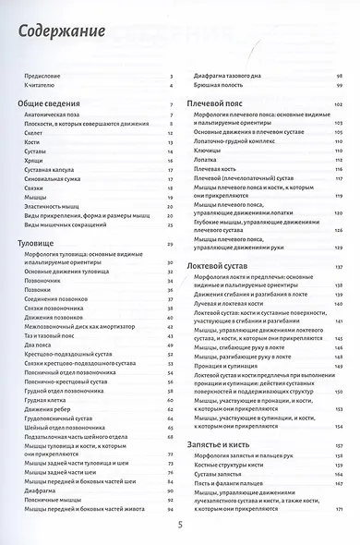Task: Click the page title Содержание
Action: click(64, 35)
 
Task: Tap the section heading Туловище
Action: click(42, 243)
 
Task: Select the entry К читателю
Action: click(40, 86)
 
